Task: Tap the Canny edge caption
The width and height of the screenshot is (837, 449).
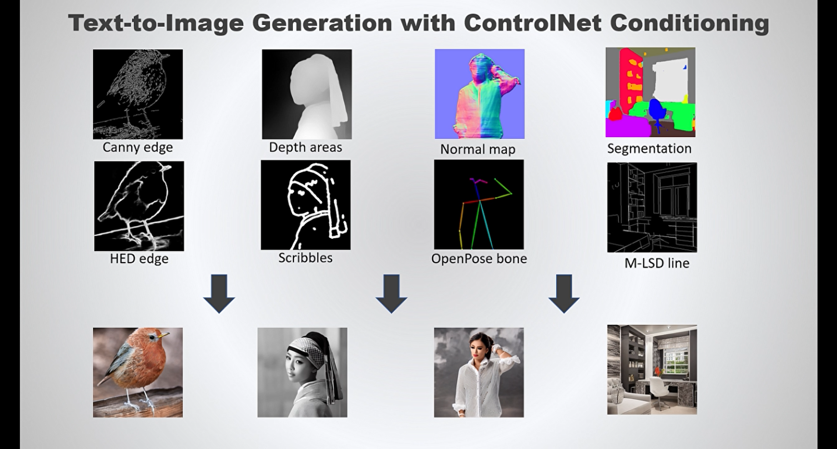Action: pos(138,147)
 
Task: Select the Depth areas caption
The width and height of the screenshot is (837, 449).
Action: pos(305,147)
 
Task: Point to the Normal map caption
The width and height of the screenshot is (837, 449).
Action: pos(477,150)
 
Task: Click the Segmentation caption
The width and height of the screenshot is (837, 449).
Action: pos(649,149)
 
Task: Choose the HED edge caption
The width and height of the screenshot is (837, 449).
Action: pos(139,259)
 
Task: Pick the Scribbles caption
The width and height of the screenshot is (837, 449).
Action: pos(305,257)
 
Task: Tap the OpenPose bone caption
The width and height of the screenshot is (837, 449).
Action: pos(479,259)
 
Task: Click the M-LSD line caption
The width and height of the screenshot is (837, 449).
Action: pos(657,263)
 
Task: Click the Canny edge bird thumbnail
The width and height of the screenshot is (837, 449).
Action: pos(138,94)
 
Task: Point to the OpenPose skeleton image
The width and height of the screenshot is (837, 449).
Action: pos(479,204)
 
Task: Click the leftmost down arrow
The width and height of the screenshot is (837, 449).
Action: pos(219,294)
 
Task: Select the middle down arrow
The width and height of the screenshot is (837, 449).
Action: pos(391,294)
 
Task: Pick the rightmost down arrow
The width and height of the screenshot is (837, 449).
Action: pos(564,294)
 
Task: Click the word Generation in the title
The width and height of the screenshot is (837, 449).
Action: pos(322,23)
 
